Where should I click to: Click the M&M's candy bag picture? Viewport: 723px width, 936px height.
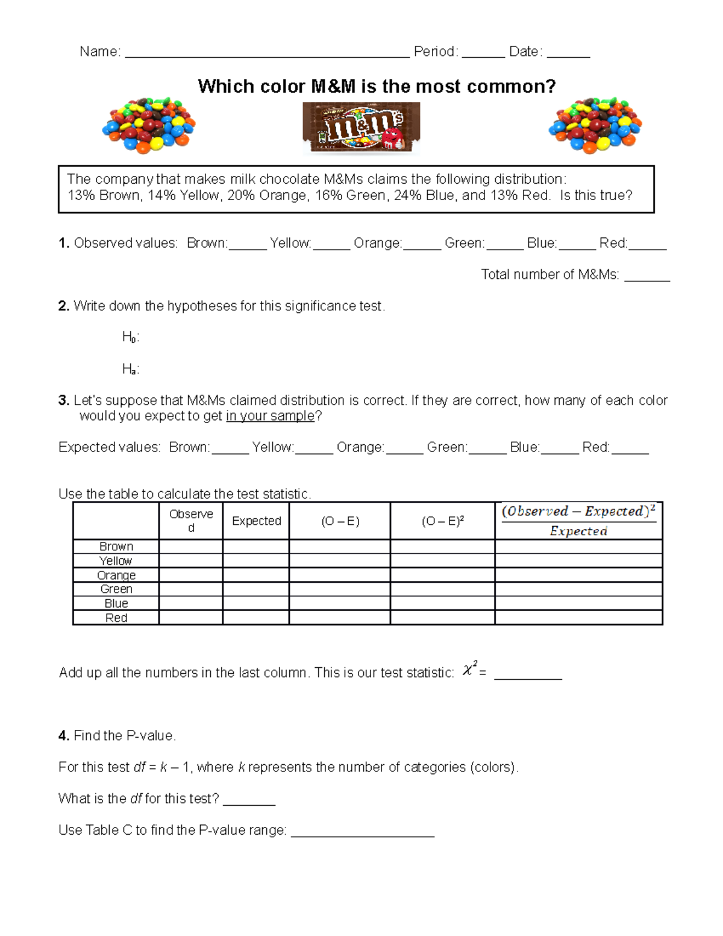click(361, 128)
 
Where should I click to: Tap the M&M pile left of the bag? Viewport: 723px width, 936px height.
click(149, 125)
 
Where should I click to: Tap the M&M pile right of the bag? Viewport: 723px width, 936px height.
click(595, 125)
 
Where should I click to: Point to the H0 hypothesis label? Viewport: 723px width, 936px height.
click(130, 337)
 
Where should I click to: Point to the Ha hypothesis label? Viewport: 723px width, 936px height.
click(130, 369)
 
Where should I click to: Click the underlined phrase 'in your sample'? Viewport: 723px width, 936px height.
click(270, 416)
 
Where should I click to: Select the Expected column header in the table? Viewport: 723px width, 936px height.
click(256, 521)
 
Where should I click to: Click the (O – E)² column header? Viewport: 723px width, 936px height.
click(442, 521)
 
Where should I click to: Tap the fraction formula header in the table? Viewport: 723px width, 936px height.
click(578, 521)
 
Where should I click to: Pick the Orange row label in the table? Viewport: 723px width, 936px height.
click(116, 575)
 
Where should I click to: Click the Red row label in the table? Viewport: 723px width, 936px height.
click(116, 618)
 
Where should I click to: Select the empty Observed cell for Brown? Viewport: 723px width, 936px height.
click(191, 546)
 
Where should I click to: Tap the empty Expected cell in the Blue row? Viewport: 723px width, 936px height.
click(256, 603)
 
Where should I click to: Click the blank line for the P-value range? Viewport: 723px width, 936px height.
click(362, 832)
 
